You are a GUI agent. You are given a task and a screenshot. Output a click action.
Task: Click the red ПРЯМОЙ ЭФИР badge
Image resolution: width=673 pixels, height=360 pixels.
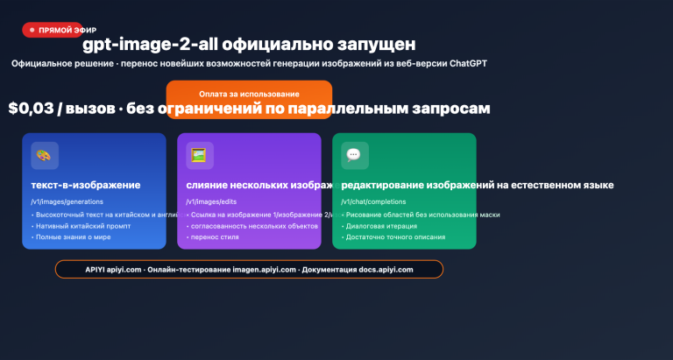click(x=53, y=30)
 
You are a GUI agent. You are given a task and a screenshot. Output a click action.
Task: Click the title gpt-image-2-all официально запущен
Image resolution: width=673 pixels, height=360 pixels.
click(x=249, y=44)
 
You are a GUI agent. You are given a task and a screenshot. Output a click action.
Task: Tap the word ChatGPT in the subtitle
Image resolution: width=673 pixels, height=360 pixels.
click(x=467, y=64)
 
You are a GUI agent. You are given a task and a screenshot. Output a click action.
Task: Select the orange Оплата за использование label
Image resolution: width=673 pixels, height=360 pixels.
click(x=249, y=94)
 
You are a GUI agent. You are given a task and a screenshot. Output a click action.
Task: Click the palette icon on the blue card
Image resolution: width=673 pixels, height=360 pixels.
click(x=45, y=155)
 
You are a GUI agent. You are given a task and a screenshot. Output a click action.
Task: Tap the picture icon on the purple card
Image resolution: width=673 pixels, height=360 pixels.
click(x=200, y=155)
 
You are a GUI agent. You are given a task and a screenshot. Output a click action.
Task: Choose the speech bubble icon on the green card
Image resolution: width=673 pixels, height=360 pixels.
click(x=354, y=155)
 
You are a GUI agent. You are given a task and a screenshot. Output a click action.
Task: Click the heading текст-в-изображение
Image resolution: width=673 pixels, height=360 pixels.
click(x=85, y=186)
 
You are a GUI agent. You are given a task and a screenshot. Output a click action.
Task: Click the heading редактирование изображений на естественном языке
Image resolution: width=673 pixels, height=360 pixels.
click(x=477, y=186)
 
